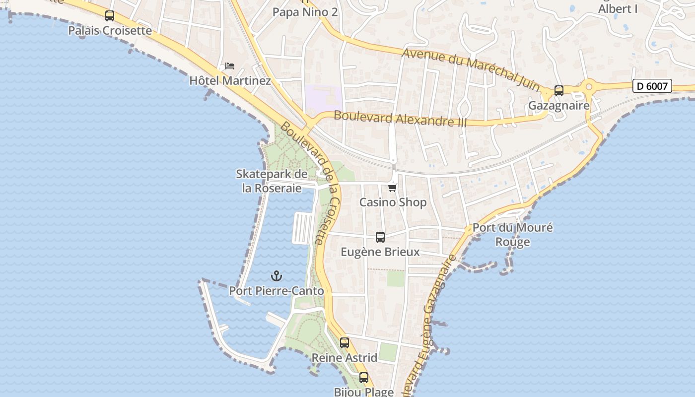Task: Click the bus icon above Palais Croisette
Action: coord(110,16)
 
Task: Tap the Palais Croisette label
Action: coord(110,30)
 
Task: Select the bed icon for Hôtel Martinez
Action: coord(230,66)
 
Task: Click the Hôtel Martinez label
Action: coord(230,80)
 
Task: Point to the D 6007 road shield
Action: coord(652,86)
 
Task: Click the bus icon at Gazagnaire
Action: coord(559,91)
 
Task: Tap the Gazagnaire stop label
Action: coord(559,105)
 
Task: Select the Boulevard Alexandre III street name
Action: coord(400,119)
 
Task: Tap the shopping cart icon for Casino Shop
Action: coord(393,188)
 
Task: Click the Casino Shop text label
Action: coord(393,202)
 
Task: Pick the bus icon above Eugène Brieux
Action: coord(380,237)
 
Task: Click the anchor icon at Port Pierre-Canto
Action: coord(276,276)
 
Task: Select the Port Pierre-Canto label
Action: coord(276,291)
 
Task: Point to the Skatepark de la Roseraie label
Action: coord(272,181)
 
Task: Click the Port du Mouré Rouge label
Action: coord(512,235)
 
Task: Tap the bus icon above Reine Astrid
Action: coord(345,343)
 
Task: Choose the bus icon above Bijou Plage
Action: coord(364,378)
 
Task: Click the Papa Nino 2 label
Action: coord(305,12)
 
